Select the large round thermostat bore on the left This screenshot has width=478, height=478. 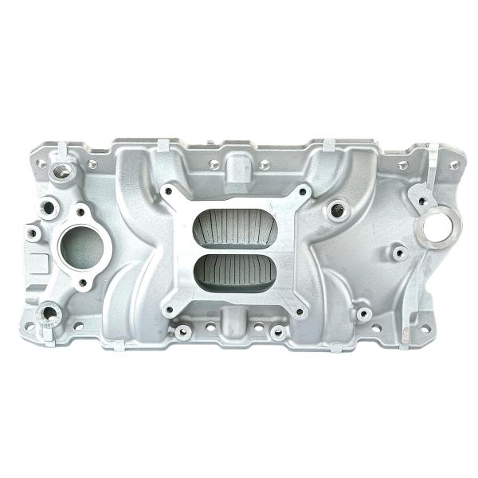pyautogui.click(x=80, y=245)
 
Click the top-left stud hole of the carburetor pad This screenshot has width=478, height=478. pyautogui.click(x=168, y=192)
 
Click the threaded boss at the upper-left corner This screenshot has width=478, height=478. pyautogui.click(x=60, y=169)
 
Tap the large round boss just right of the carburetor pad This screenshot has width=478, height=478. pyautogui.click(x=339, y=210)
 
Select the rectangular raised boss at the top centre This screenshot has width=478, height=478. pyautogui.click(x=237, y=168)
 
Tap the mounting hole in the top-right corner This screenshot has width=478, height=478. pyautogui.click(x=454, y=165)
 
